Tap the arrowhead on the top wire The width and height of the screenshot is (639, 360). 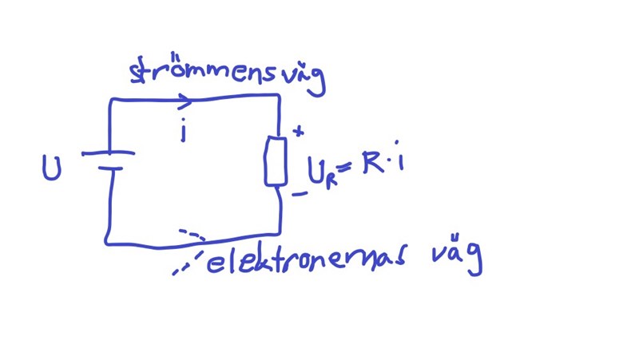pos(186,101)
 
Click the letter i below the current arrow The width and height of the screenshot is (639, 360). pos(183,129)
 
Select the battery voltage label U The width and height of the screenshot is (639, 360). pos(52,168)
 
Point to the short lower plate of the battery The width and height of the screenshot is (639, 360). pos(109,168)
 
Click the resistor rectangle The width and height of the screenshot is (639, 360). pos(276,160)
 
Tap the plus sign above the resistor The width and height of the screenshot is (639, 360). pos(299,131)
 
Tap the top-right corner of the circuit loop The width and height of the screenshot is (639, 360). pos(278,95)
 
